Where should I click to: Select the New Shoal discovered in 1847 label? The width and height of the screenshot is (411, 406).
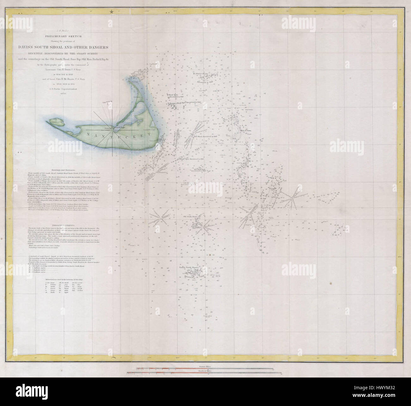pyautogui.click(x=206, y=137)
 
